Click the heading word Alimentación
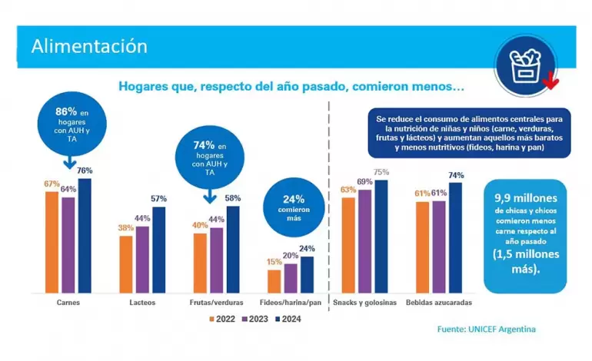[89, 45]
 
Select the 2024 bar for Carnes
[85, 235]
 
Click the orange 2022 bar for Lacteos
[126, 263]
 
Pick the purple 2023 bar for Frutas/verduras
[216, 260]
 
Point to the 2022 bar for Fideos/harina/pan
[274, 280]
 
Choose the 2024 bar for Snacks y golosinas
[381, 236]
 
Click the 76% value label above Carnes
[85, 171]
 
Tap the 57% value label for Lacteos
[158, 199]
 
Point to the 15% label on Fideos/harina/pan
[274, 262]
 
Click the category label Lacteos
[142, 303]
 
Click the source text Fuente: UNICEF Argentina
[486, 330]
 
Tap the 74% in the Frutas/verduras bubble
[204, 144]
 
